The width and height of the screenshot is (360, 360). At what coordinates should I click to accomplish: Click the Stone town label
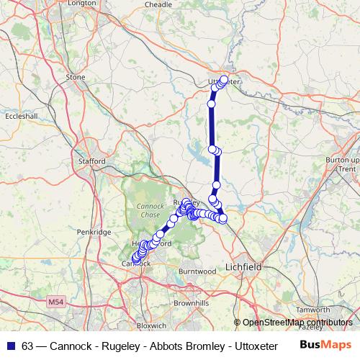(76, 77)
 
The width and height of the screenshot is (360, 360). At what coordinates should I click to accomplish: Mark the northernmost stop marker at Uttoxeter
(224, 79)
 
